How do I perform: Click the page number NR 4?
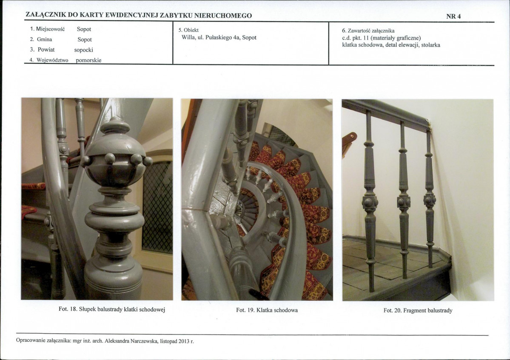point(453,16)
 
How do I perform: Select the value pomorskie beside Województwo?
point(88,60)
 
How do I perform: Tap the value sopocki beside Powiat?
point(84,50)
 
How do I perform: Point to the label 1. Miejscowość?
point(48,29)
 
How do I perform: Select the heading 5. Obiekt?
point(188,30)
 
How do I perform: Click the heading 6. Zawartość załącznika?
point(368,31)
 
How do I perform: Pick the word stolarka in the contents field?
point(430,45)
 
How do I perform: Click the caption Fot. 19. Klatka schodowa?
point(267,310)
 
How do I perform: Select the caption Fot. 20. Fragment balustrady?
point(418,311)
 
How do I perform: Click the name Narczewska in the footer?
point(145,341)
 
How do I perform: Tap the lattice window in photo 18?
point(157,207)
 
